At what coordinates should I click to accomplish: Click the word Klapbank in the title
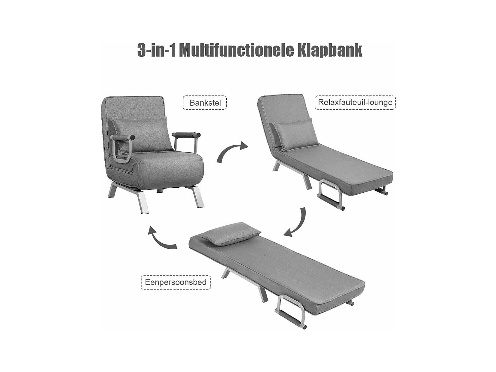pyautogui.click(x=329, y=50)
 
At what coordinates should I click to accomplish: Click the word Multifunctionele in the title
pyautogui.click(x=236, y=50)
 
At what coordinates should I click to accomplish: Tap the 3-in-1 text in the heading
pyautogui.click(x=156, y=50)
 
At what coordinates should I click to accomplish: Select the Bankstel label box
pyautogui.click(x=205, y=103)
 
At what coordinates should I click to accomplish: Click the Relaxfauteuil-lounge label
pyautogui.click(x=355, y=102)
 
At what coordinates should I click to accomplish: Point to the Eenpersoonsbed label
pyautogui.click(x=176, y=282)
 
